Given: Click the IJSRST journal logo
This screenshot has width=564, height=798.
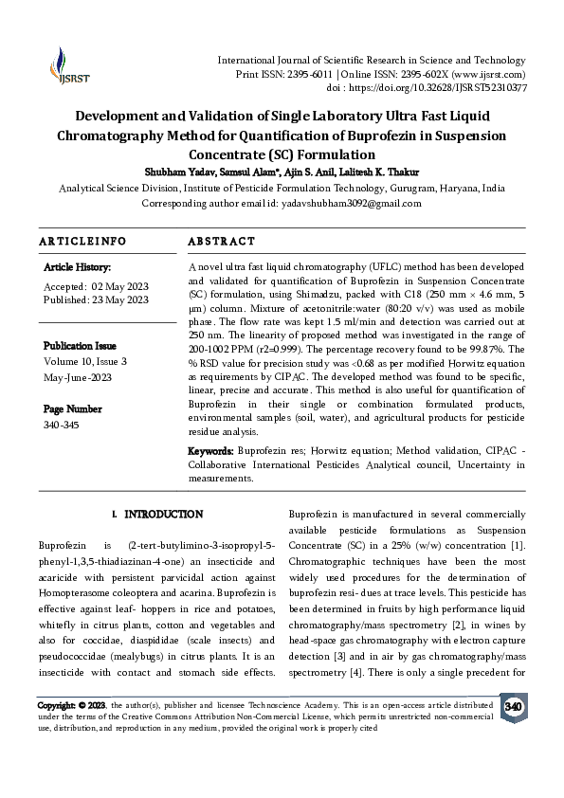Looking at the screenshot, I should [60, 63].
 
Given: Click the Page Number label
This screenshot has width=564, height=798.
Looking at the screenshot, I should [73, 408].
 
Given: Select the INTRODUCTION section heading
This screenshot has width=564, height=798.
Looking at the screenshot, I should [164, 515].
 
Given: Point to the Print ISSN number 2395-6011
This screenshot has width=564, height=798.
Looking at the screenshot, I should [307, 74].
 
